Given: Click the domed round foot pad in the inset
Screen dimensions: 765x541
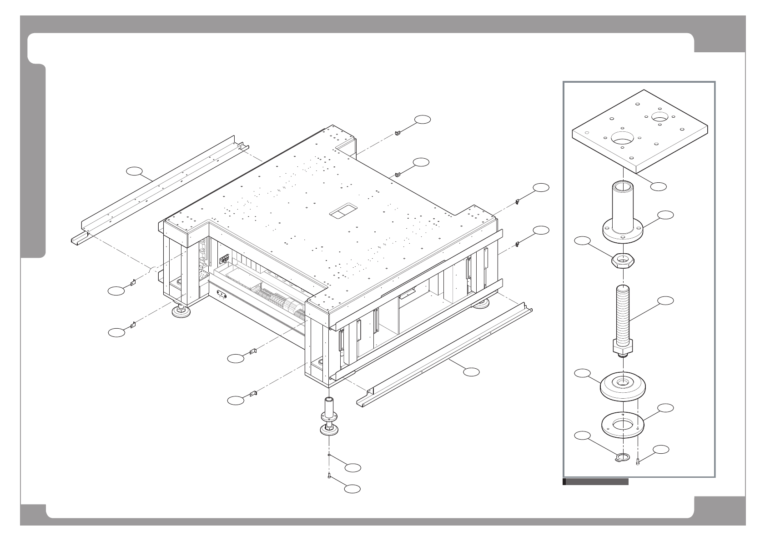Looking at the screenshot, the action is (623, 387).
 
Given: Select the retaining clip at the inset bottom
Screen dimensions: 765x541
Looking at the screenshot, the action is (621, 458).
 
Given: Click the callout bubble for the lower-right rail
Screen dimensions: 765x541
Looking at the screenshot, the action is (472, 372).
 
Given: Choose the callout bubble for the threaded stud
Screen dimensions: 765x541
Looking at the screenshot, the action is (666, 300).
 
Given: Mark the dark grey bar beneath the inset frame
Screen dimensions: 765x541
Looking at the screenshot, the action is (595, 482).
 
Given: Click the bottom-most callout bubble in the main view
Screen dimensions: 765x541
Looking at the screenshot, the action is (352, 489).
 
